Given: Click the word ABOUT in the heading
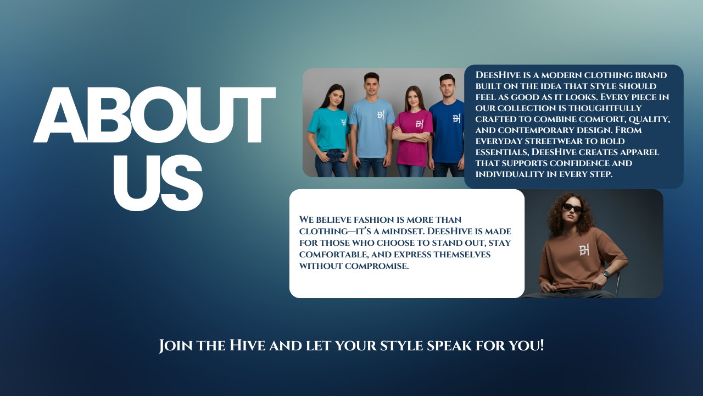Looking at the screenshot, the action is tap(154, 115).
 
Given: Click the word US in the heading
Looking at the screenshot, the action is tap(158, 183).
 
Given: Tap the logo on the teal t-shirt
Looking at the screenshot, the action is tap(344, 123).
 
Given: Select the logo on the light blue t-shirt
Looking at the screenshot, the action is tap(381, 115).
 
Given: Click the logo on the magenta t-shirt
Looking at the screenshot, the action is tap(419, 124).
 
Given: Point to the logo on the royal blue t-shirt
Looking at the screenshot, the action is tap(456, 118).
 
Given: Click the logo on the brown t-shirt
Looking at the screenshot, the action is tap(584, 250).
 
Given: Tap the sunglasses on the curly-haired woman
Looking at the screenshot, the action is tap(572, 208).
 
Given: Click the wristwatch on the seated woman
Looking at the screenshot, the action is tap(606, 274).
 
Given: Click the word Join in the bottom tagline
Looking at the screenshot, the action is tap(176, 346).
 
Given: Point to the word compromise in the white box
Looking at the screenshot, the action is tap(377, 266).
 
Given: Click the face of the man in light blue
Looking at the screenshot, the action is tap(372, 85).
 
